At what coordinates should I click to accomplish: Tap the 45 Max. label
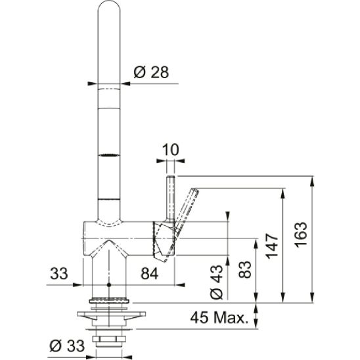pos(219,319)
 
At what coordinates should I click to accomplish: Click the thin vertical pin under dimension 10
pos(170,197)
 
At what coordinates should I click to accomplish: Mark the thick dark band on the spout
pos(109,155)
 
